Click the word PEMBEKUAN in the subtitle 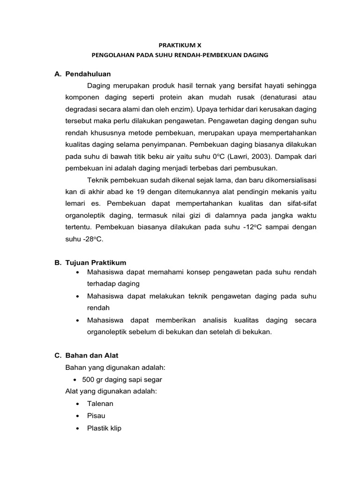pos(222,55)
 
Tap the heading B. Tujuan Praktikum pos(90,262)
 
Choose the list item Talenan pos(100,404)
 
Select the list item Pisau pos(96,416)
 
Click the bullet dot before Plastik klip pos(76,428)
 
